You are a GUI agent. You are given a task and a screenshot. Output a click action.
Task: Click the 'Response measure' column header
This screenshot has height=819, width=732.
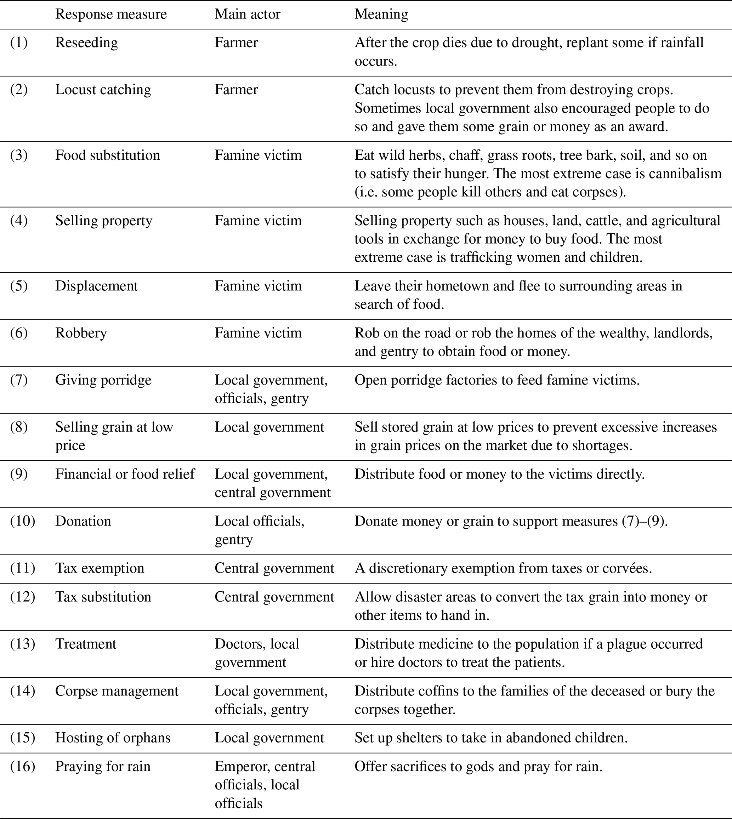[110, 15]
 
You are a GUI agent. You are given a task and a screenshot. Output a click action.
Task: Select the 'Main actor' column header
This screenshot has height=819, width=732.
[247, 15]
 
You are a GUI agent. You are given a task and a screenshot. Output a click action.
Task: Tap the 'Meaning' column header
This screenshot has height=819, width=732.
[381, 15]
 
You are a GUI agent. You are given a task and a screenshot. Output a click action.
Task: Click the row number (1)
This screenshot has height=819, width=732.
[19, 42]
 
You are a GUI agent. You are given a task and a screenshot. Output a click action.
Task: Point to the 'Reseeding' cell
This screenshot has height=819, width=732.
[86, 42]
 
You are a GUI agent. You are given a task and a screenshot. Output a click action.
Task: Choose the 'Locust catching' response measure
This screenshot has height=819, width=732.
[103, 90]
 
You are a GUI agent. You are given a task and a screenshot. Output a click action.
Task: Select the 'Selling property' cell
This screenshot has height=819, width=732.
[104, 221]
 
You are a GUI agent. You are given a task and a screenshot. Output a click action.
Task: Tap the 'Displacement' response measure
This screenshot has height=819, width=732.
[97, 286]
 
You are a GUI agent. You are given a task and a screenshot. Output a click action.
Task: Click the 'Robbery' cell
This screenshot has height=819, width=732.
[81, 333]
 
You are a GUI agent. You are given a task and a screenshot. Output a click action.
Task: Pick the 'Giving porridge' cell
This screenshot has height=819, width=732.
[103, 380]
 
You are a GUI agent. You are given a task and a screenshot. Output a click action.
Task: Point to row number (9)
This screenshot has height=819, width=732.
[19, 474]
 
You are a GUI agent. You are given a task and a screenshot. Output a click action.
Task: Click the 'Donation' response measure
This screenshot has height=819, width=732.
[83, 521]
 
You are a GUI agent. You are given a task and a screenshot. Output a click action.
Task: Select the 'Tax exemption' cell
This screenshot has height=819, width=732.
[100, 568]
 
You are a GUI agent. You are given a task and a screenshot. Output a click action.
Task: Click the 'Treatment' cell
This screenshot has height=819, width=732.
[86, 644]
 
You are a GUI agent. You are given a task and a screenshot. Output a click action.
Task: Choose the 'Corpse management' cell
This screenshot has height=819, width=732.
[117, 691]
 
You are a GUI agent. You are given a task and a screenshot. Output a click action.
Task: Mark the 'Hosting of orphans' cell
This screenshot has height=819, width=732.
[113, 738]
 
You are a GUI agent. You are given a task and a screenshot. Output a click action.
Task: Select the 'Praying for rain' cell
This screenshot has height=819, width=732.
[103, 766]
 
